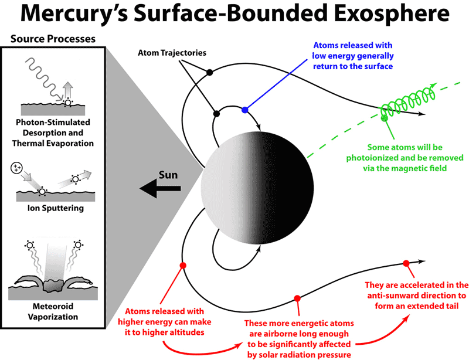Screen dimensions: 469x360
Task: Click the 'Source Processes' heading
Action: point(53,39)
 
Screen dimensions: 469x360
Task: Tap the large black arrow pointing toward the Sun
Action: point(160,188)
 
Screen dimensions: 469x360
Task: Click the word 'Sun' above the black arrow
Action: point(168,175)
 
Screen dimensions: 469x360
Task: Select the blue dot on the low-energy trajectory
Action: point(245,110)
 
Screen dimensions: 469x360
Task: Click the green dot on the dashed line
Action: point(384,118)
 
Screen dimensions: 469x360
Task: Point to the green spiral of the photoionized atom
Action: point(408,99)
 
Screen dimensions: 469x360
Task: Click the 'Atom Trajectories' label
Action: point(172,53)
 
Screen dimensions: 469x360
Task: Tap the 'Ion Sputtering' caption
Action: point(56,208)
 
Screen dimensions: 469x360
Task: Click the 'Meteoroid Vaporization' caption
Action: point(53,311)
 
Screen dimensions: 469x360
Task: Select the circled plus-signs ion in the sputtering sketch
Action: point(16,168)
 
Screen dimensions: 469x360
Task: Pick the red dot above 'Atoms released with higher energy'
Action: point(183,266)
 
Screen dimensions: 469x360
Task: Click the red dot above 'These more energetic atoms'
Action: point(297,298)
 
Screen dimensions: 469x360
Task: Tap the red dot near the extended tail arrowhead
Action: point(406,263)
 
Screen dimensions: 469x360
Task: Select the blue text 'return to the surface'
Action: point(353,66)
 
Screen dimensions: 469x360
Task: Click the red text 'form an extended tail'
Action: point(416,306)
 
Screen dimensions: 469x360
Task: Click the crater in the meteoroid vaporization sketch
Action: point(53,286)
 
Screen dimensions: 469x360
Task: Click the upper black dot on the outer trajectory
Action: point(210,72)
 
